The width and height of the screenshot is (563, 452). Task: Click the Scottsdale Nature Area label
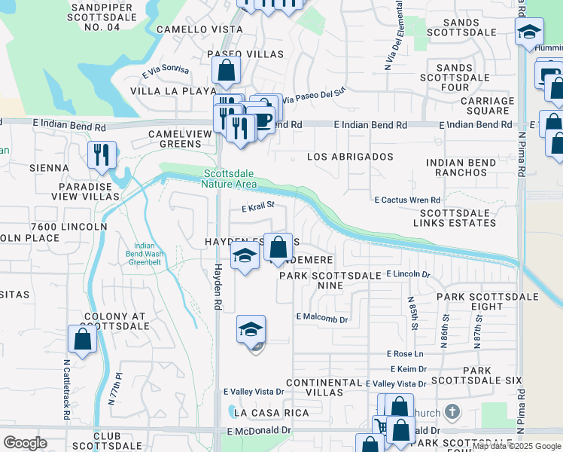230,179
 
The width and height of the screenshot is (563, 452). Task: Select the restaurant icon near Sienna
101,155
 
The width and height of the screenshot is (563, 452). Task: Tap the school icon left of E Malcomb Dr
251,329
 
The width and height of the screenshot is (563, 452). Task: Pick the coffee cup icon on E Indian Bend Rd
261,121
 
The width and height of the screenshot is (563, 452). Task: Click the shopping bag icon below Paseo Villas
226,72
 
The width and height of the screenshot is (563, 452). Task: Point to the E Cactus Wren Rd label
407,200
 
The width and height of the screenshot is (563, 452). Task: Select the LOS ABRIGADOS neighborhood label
351,157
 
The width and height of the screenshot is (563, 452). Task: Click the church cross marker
452,411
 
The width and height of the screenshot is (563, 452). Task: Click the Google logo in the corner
25,443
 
